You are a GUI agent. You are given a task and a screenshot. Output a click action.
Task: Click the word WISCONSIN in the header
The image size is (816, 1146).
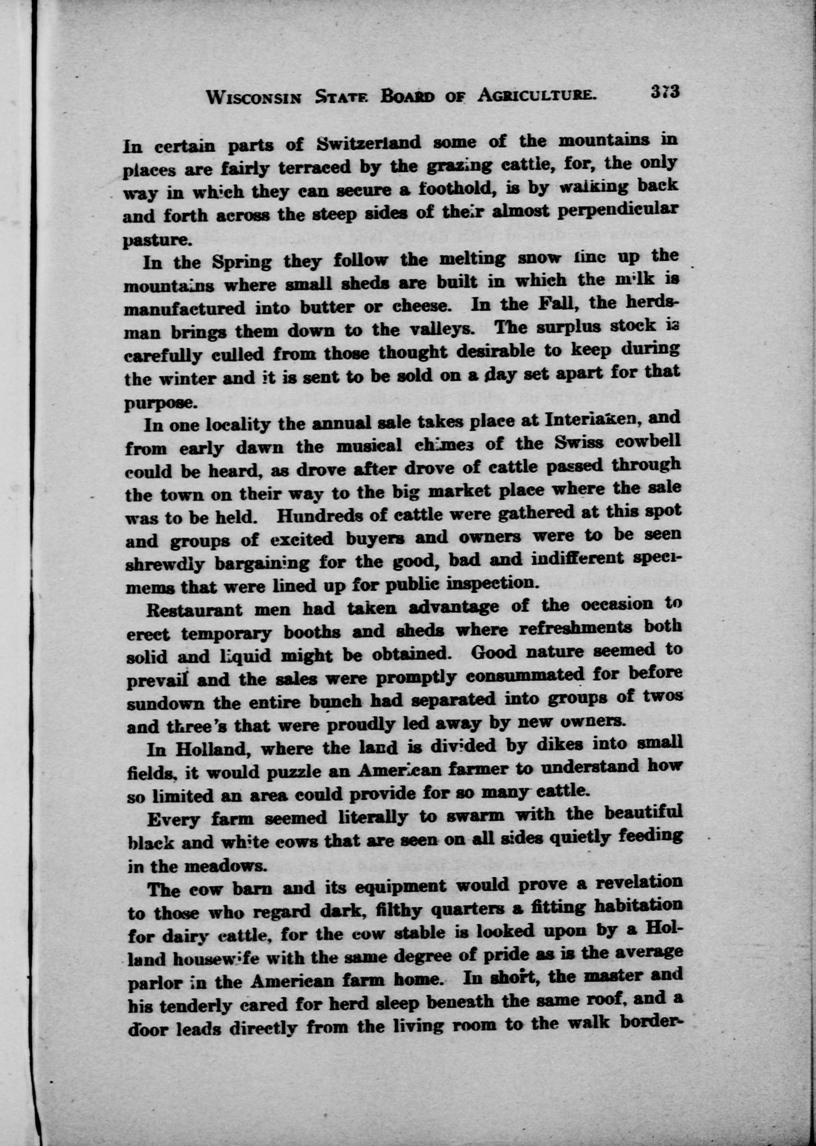(254, 97)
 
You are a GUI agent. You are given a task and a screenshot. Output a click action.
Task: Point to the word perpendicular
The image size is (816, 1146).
(622, 209)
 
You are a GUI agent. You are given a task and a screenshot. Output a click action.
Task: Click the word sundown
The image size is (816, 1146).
(163, 704)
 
